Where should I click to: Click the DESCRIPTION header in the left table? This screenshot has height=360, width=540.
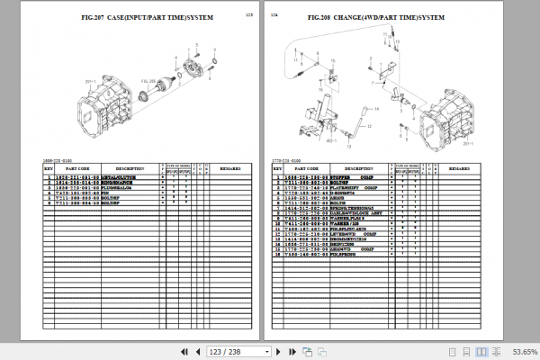coord(130,168)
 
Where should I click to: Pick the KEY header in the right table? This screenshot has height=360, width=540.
coord(277,168)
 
